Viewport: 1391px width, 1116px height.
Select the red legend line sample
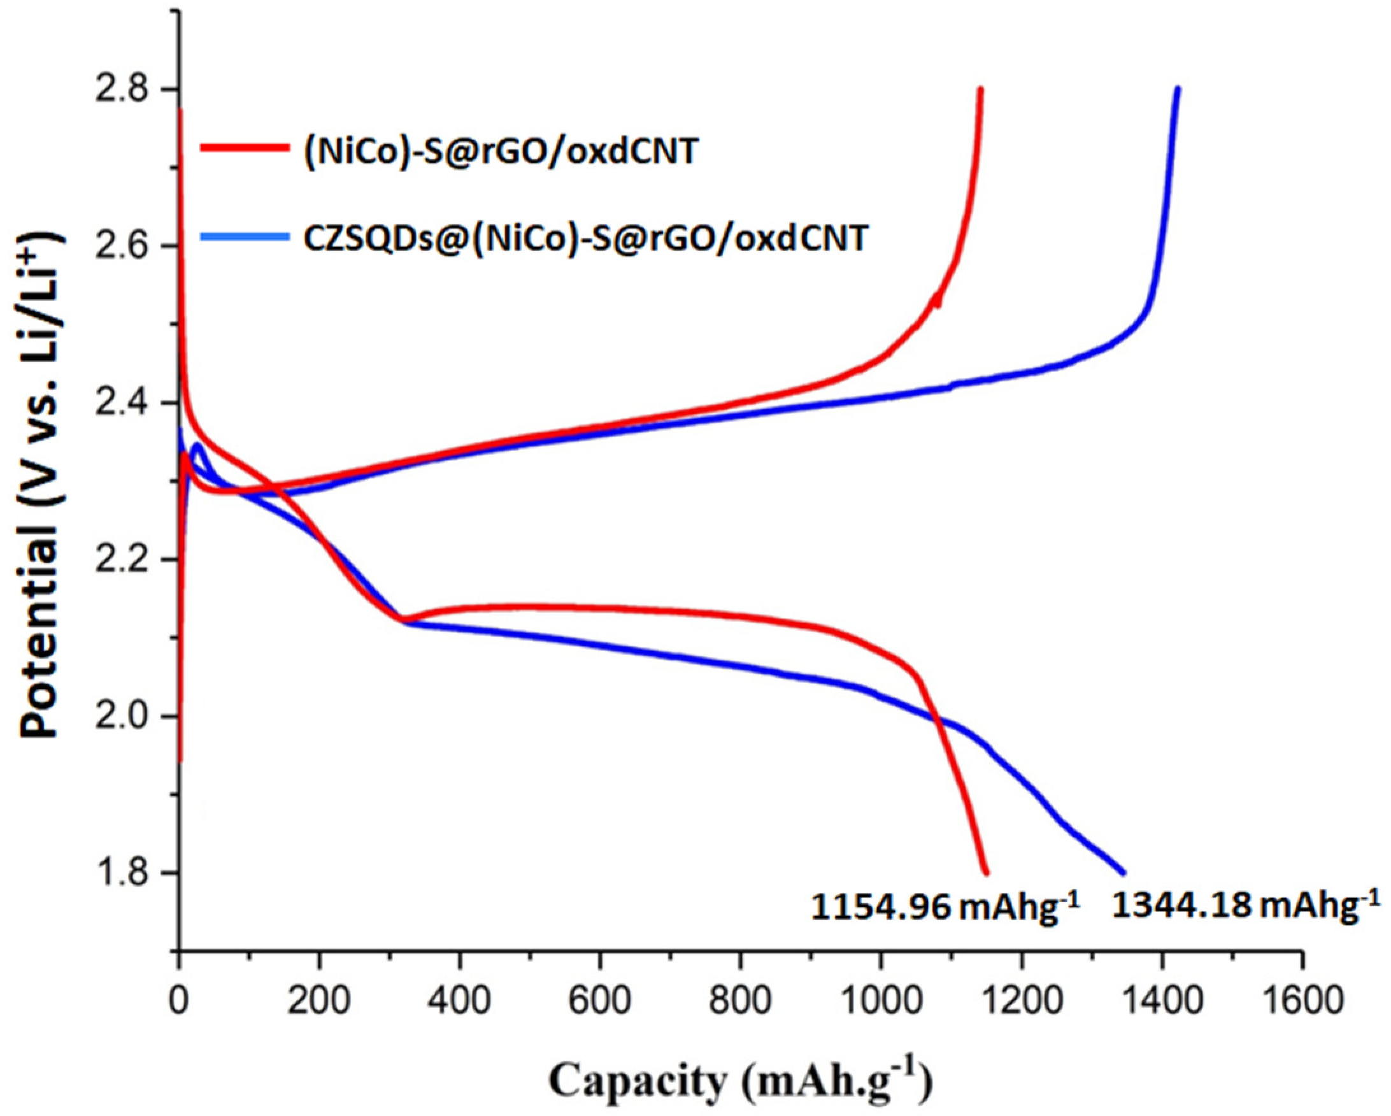tap(244, 147)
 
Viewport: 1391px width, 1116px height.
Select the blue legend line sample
tap(244, 237)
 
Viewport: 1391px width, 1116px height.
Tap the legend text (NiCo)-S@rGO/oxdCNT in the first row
tap(501, 152)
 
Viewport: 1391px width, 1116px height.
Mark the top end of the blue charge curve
tap(1178, 89)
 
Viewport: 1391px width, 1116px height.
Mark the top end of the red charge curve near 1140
tap(980, 89)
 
